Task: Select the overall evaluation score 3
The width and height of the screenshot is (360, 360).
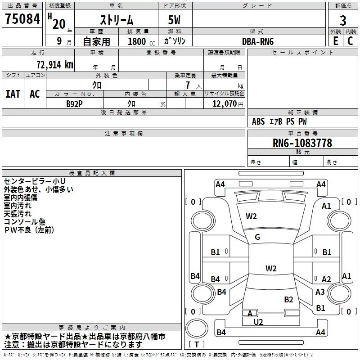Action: pos(343,21)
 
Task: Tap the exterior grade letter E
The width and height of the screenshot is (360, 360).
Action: pos(335,41)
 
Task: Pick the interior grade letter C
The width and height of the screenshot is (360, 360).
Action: pos(350,41)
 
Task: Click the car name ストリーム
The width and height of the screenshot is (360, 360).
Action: pos(116,21)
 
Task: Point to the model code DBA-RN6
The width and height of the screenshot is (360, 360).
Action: pos(258,41)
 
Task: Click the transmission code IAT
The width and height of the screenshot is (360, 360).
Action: pos(13,94)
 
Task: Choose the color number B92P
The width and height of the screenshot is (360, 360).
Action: pos(74,103)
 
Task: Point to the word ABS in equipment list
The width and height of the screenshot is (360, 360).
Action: pos(258,121)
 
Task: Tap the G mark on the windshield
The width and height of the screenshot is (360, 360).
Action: pos(257,237)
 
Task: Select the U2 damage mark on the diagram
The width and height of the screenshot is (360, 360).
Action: pos(258,322)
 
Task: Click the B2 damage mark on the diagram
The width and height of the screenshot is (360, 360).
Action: pos(288,300)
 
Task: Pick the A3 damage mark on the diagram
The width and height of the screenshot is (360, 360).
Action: pos(320,292)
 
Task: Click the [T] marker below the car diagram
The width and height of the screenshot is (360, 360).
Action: pos(198,344)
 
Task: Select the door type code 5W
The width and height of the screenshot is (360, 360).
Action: pos(175,21)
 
